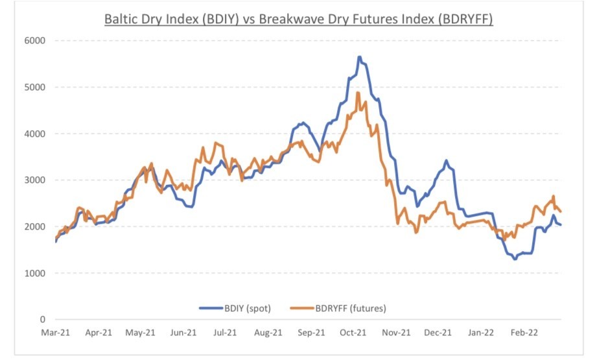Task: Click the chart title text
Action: [299, 19]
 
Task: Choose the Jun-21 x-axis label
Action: [183, 332]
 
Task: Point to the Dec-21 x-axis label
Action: [439, 332]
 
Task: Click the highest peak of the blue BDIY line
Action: [359, 57]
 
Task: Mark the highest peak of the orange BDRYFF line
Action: [358, 93]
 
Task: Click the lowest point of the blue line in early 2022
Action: [515, 259]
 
